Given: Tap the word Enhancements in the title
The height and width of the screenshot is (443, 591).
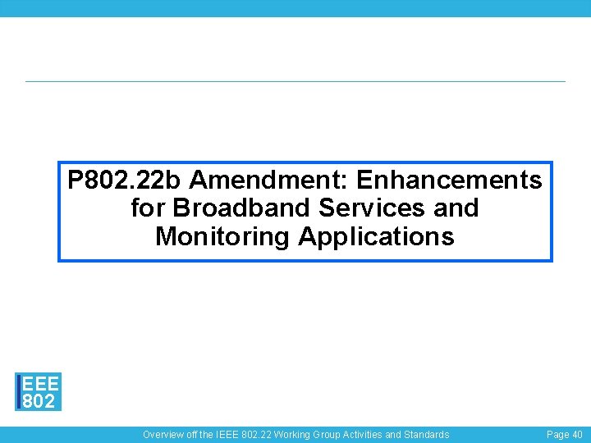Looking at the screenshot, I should point(449,179).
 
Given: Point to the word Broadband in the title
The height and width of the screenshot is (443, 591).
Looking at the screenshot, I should point(244,208).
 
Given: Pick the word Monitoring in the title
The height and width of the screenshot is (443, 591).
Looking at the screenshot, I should point(222,236).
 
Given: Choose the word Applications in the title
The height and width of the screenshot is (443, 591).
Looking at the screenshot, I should point(376,236).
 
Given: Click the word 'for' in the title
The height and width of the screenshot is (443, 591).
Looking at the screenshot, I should point(148,208).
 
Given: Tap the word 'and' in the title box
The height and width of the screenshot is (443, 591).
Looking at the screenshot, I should point(456,208).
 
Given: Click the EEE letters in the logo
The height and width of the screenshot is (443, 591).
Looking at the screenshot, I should point(40,384).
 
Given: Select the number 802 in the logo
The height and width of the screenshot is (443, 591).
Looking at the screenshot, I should point(39,401).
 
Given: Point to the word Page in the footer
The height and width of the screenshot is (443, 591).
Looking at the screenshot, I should point(558,435).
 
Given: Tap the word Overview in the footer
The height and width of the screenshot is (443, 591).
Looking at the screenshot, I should point(163,435).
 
